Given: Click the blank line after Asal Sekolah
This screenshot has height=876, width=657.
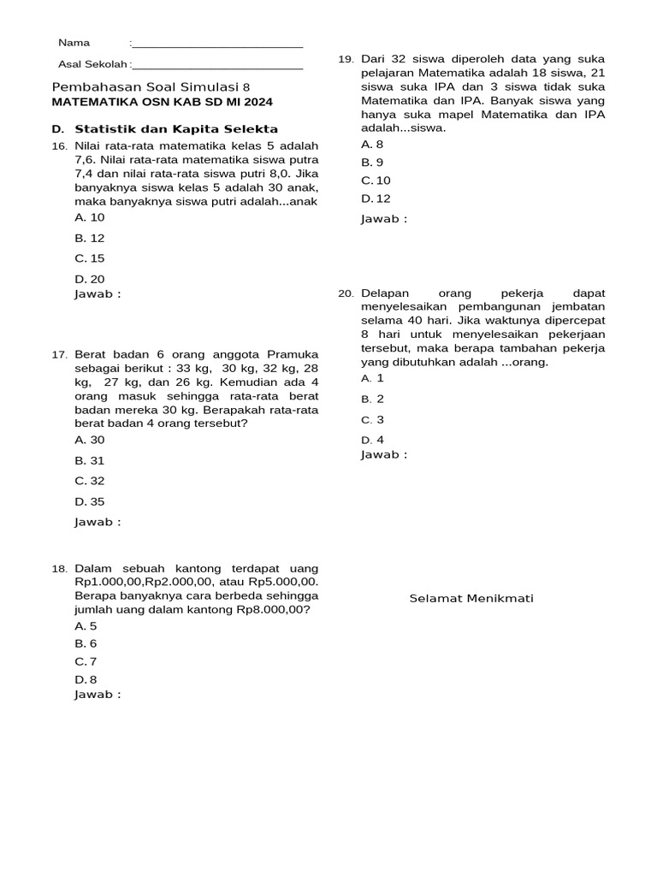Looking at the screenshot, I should coord(217,66).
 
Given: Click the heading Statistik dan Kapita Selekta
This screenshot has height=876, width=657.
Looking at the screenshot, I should coord(176,129).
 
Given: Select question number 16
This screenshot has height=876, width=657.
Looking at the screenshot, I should coord(59,146).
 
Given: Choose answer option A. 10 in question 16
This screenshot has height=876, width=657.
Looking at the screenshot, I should coord(90,217).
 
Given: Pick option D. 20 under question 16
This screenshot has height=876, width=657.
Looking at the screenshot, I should coord(90,279).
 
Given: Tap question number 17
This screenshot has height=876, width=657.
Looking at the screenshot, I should coord(59,354).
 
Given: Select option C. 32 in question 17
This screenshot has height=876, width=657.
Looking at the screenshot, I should coord(90,481).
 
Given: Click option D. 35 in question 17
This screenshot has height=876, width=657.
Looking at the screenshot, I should coord(90,502).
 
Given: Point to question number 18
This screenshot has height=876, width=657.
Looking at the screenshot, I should coord(59,569).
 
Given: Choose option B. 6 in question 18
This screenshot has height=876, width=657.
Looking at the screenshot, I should coord(86,643).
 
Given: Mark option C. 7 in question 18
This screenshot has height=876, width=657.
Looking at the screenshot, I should coord(86,661).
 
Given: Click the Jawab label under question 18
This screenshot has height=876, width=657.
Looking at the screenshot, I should coord(98,695).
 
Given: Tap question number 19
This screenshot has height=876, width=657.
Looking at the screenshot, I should coord(346,59).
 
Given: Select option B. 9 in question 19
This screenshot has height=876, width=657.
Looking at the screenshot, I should coord(372,162).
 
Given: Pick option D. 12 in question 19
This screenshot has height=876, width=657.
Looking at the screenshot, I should coord(376,198).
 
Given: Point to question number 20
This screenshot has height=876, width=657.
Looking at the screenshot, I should coord(346,293).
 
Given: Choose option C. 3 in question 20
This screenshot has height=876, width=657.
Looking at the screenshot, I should coord(372,420).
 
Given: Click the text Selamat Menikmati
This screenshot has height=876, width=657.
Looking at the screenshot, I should coord(471,598).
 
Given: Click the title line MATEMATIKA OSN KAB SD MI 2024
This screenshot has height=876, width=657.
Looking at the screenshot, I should coord(163,102).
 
